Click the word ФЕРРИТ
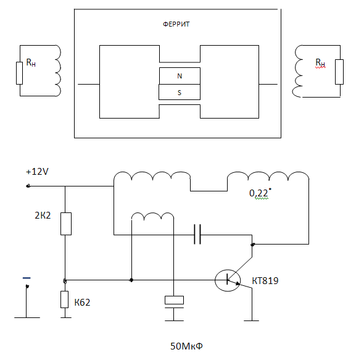tap(176, 24)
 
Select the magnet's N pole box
tap(180, 76)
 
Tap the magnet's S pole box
tap(180, 92)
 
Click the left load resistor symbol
tap(20, 73)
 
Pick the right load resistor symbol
tap(339, 72)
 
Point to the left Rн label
tap(31, 62)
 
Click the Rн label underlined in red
tap(320, 63)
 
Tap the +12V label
tap(37, 172)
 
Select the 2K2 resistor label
tap(43, 216)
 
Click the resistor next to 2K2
tap(66, 224)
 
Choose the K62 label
tap(82, 302)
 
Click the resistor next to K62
tap(65, 299)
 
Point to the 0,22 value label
tap(259, 193)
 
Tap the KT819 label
tap(265, 281)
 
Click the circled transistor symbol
tap(228, 280)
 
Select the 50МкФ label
tap(186, 346)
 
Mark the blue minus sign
tap(27, 278)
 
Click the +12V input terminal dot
tap(28, 186)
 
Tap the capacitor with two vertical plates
tap(197, 234)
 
